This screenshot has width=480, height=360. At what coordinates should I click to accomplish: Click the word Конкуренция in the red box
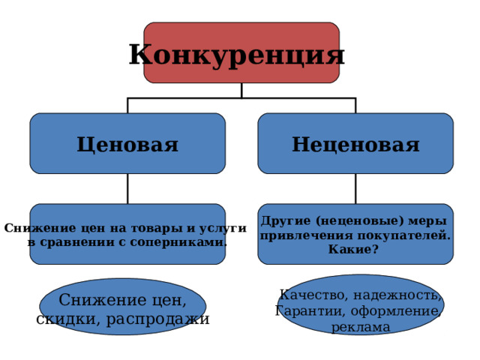click(237, 55)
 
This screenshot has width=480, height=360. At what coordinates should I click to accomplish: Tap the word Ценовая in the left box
click(127, 145)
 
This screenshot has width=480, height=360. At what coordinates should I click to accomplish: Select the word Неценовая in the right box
click(355, 144)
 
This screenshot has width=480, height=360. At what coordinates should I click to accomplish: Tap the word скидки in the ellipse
click(68, 319)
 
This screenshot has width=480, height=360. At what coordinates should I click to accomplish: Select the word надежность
click(397, 295)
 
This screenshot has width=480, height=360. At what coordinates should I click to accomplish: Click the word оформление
click(396, 311)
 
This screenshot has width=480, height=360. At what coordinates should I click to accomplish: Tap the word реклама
click(361, 327)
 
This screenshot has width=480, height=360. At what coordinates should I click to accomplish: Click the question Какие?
click(353, 250)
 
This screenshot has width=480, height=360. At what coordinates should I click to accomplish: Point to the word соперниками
click(178, 242)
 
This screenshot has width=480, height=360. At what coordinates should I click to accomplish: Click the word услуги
click(223, 229)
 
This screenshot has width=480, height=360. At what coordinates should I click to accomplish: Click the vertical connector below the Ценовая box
click(127, 188)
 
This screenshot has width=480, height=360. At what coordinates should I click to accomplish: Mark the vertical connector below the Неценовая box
click(355, 188)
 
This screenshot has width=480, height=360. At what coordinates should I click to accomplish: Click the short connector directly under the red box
click(241, 90)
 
